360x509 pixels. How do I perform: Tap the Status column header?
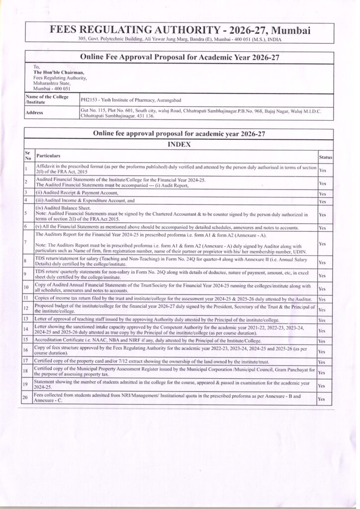(x=325, y=157)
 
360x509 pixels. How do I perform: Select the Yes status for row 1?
(x=323, y=170)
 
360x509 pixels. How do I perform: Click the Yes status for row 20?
(x=322, y=399)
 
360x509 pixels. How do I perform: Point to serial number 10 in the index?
(x=27, y=287)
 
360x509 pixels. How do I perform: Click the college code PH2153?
(x=89, y=100)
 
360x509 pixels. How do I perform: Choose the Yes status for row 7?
(x=322, y=244)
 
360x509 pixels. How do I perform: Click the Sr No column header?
(x=27, y=156)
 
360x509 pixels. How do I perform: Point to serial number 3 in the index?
(x=26, y=192)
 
